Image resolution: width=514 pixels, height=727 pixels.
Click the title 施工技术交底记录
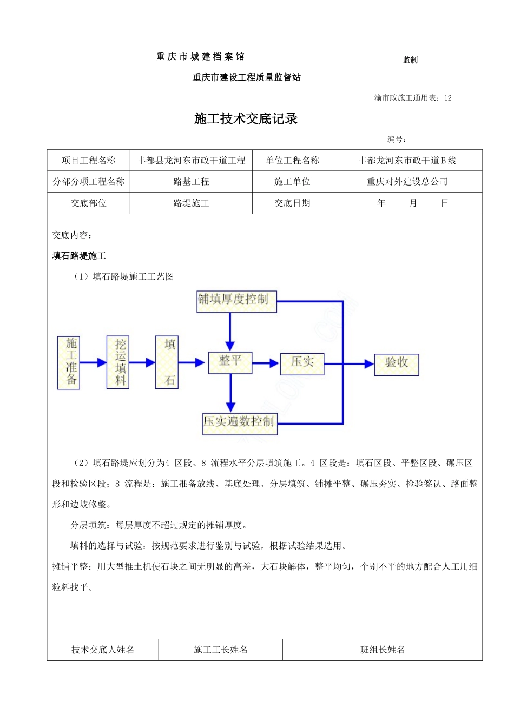(246, 119)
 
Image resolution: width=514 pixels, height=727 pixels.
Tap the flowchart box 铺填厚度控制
(236, 301)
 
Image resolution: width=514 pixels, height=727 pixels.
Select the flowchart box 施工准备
(69, 362)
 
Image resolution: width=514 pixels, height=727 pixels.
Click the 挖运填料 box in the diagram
(118, 362)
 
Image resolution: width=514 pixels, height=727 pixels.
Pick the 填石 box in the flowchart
(167, 362)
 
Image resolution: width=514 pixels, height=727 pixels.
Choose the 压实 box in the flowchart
(302, 362)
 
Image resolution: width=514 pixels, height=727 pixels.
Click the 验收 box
(397, 363)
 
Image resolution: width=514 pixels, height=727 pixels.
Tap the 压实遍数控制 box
(240, 422)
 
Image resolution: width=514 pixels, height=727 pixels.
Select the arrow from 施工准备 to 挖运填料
(94, 362)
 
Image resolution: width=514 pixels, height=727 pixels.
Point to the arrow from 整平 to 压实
(266, 363)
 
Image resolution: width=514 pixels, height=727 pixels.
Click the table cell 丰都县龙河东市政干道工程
(191, 161)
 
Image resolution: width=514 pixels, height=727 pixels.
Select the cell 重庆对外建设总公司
(407, 182)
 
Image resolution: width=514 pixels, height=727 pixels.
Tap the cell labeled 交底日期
(292, 203)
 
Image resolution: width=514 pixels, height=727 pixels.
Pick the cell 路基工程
(191, 182)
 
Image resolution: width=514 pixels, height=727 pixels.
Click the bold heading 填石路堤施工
(79, 256)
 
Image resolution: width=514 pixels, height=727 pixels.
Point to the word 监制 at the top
(410, 60)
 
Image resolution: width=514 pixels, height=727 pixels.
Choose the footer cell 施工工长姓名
(221, 650)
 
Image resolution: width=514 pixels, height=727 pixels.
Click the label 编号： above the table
(397, 140)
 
